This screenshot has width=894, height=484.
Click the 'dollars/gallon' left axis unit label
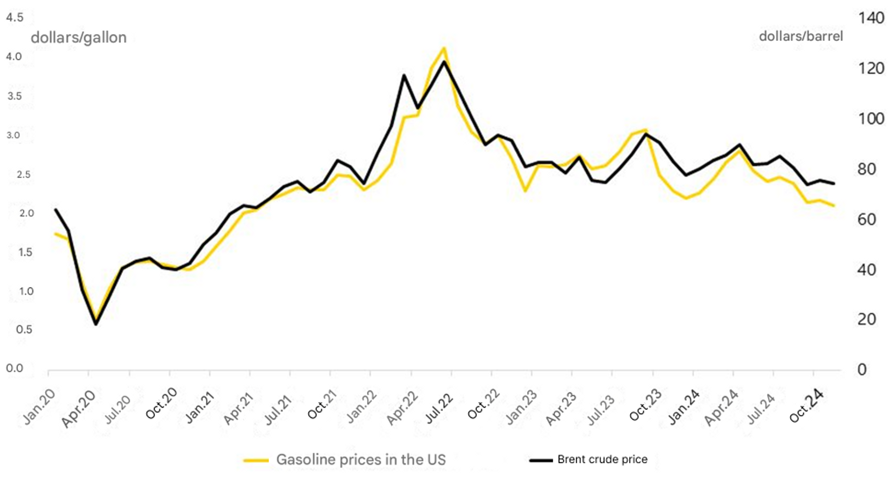point(79,38)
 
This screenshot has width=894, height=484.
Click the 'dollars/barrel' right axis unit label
point(800,36)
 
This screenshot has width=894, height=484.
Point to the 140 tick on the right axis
point(871,18)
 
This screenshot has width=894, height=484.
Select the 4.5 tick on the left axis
point(14,18)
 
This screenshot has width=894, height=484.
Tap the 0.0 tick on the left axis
point(14,368)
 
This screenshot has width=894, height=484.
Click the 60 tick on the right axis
point(867,219)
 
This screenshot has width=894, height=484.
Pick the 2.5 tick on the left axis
point(24,175)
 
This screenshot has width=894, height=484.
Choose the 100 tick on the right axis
point(871,119)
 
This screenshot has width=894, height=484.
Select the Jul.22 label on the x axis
point(439,408)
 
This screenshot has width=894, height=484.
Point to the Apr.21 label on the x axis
point(238,409)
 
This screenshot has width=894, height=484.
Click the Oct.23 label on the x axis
point(645,405)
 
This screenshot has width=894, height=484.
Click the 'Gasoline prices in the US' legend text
point(361,460)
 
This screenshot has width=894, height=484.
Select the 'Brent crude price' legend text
point(602,459)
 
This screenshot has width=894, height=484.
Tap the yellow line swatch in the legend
point(256,460)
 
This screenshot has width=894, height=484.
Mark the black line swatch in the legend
point(541,460)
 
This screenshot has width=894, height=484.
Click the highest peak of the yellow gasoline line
point(444,48)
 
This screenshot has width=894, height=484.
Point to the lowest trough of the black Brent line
point(96,324)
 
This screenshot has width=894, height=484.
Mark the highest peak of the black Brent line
point(444,61)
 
